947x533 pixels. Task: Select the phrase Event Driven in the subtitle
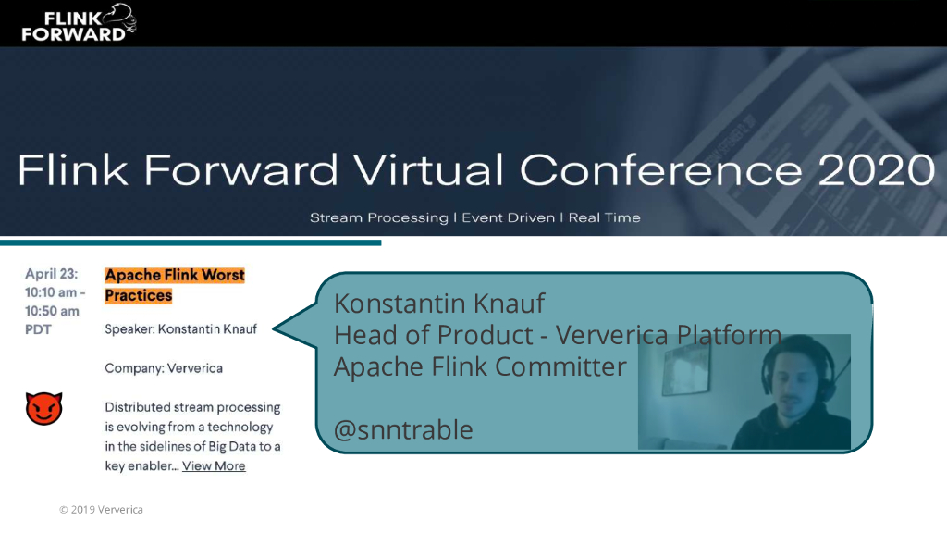click(508, 218)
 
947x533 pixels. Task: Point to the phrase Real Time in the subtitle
click(605, 218)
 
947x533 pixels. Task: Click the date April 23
click(52, 274)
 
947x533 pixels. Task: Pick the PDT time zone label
click(39, 329)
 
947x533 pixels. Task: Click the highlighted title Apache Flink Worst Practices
click(174, 285)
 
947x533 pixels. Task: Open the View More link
click(214, 465)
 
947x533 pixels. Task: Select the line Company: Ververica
click(164, 367)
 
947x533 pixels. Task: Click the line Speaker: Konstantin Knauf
click(180, 328)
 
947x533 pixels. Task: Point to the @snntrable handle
click(403, 429)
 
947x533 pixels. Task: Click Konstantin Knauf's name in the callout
click(439, 303)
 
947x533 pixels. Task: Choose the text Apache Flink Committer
click(480, 366)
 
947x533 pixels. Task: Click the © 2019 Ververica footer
click(101, 510)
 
